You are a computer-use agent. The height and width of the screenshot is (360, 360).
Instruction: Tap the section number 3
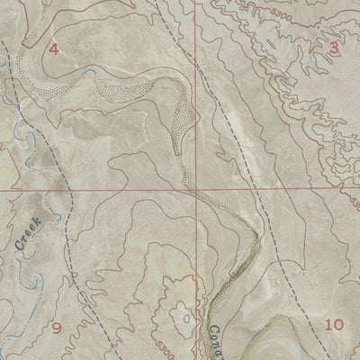(335, 48)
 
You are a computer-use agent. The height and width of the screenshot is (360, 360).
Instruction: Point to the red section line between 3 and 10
(288, 191)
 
